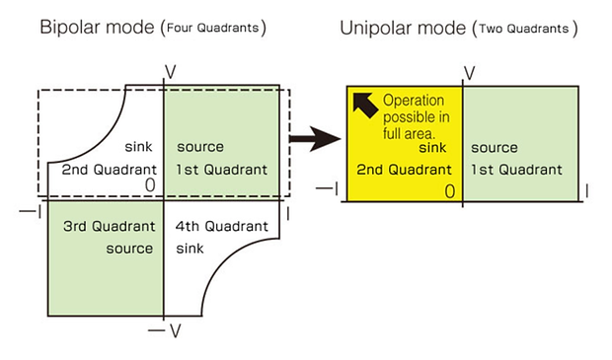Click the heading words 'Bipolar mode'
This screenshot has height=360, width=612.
click(x=97, y=28)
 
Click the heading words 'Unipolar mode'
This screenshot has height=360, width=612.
click(x=403, y=28)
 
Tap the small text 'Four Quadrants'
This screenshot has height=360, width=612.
click(x=212, y=28)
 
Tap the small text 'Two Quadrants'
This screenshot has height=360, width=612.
click(x=524, y=29)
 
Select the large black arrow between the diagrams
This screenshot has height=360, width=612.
click(x=315, y=138)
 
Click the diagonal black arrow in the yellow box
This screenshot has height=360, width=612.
click(x=365, y=105)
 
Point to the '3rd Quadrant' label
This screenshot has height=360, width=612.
click(x=110, y=226)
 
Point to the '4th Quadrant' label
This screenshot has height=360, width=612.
click(x=222, y=226)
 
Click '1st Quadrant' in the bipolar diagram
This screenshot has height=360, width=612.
click(x=222, y=170)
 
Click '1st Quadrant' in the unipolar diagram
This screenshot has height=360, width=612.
click(x=516, y=170)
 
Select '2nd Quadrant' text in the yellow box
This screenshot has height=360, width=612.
click(x=404, y=170)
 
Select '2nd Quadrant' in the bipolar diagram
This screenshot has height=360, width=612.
click(x=110, y=170)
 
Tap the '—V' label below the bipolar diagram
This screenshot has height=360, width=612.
click(x=165, y=331)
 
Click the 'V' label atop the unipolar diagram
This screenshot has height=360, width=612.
click(x=470, y=73)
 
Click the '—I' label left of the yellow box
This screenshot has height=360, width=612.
click(x=327, y=189)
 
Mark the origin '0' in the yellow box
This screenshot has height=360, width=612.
click(x=450, y=191)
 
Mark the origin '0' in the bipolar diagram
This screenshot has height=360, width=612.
click(x=150, y=184)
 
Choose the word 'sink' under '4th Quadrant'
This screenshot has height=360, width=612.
click(x=190, y=249)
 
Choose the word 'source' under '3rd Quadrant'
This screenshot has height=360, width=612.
click(x=129, y=249)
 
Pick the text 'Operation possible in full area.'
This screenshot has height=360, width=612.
click(x=417, y=117)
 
